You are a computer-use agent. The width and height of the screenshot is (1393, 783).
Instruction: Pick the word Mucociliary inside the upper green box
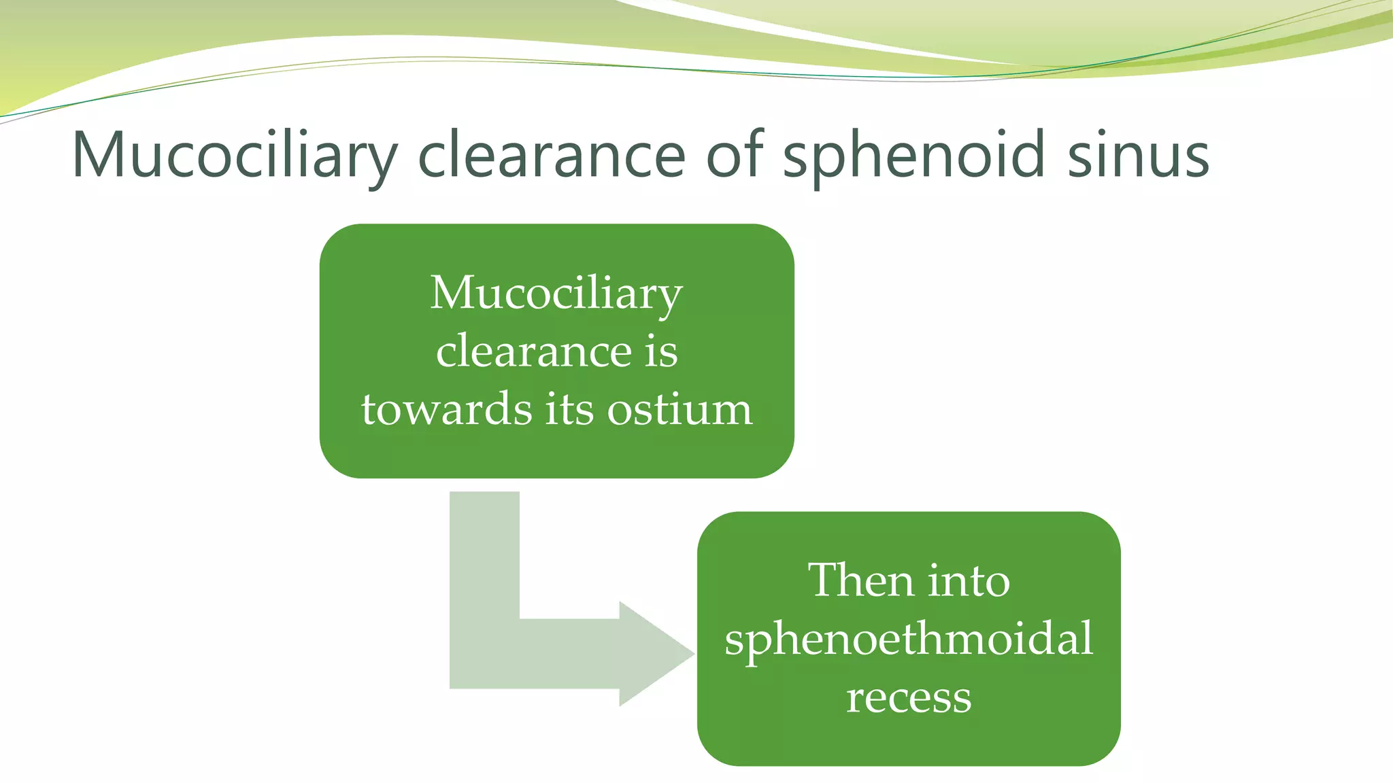click(x=556, y=294)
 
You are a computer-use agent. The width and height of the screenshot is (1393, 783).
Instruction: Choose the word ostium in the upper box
click(x=679, y=410)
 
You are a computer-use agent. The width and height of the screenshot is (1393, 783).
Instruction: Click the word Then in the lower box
click(x=857, y=580)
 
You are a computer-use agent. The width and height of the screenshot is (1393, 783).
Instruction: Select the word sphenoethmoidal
click(x=909, y=639)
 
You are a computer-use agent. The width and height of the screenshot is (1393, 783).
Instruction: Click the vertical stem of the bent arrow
click(x=484, y=557)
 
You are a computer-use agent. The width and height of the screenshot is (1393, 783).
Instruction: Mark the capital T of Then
click(x=824, y=580)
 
